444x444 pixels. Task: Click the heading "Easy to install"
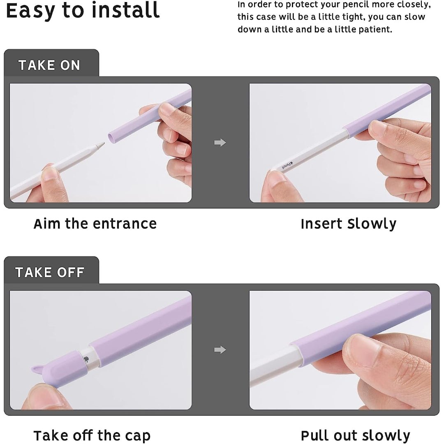[x=82, y=11]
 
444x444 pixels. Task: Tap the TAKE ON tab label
[x=49, y=65]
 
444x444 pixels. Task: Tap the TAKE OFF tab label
[x=50, y=272]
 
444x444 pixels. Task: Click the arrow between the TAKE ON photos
[x=220, y=143]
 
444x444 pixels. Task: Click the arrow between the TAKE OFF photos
[x=220, y=350]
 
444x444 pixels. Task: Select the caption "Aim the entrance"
[x=95, y=224]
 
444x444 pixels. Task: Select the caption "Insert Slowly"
[x=348, y=224]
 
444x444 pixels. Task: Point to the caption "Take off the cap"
[x=92, y=435]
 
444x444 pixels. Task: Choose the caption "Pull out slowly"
[x=355, y=435]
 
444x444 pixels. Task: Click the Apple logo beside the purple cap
[x=85, y=359]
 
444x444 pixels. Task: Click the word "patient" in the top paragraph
[x=377, y=30]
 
